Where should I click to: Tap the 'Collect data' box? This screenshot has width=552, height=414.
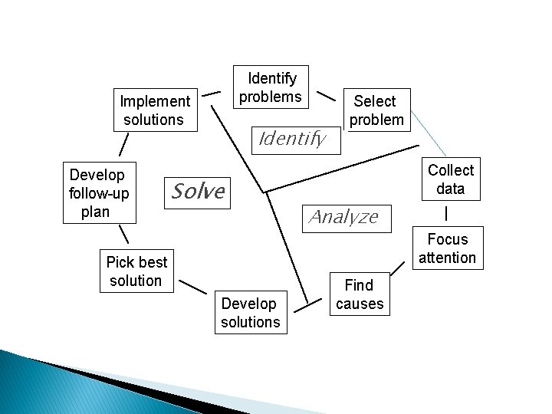pyautogui.click(x=450, y=179)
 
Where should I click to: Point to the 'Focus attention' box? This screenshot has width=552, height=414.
pyautogui.click(x=447, y=248)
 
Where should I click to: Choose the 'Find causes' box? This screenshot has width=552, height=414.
pyautogui.click(x=359, y=294)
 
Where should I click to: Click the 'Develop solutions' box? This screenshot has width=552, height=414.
pyautogui.click(x=251, y=313)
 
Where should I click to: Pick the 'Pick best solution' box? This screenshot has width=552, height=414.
pyautogui.click(x=136, y=271)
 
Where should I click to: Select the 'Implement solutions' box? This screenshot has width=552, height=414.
pyautogui.click(x=155, y=110)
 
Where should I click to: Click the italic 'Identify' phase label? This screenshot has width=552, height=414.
pyautogui.click(x=292, y=139)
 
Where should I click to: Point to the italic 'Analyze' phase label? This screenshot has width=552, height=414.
pyautogui.click(x=343, y=217)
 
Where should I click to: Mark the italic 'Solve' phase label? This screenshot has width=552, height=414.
pyautogui.click(x=198, y=191)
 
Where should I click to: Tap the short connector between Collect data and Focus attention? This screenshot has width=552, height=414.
pyautogui.click(x=447, y=212)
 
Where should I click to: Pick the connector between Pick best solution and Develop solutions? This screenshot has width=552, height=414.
pyautogui.click(x=192, y=288)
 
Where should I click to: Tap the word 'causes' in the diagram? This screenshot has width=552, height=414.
pyautogui.click(x=360, y=304)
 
